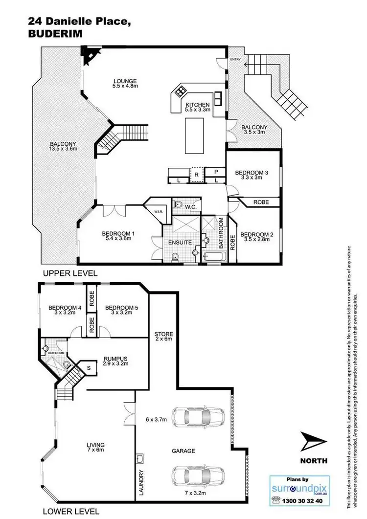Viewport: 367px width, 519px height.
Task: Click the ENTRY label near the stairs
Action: pos(236,59)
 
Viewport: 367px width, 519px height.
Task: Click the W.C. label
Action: pos(190,207)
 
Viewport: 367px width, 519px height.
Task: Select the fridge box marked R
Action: pos(196,174)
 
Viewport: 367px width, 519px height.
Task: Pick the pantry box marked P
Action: pos(216,172)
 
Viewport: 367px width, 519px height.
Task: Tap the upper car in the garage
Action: pos(186,417)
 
